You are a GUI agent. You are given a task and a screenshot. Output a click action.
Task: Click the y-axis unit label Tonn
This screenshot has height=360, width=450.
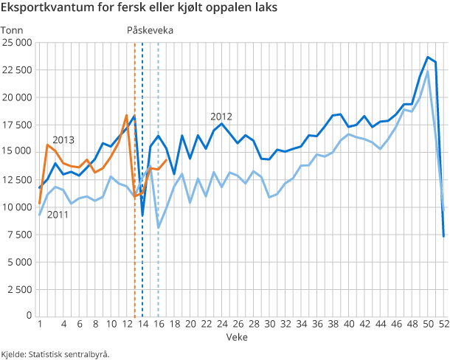pos(13,30)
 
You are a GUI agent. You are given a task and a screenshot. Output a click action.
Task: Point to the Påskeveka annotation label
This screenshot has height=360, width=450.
pos(150,30)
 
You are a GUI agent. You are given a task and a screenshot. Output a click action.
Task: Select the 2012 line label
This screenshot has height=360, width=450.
pos(221,117)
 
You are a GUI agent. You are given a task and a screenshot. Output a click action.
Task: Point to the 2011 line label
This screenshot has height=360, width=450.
pos(58,215)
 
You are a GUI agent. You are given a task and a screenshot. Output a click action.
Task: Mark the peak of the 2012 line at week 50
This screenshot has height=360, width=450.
pos(428,57)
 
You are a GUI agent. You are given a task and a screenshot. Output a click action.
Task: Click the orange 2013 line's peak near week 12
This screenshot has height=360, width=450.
pos(126,115)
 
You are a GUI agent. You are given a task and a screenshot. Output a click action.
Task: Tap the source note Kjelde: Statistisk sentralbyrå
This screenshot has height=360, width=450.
pos(55,353)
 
